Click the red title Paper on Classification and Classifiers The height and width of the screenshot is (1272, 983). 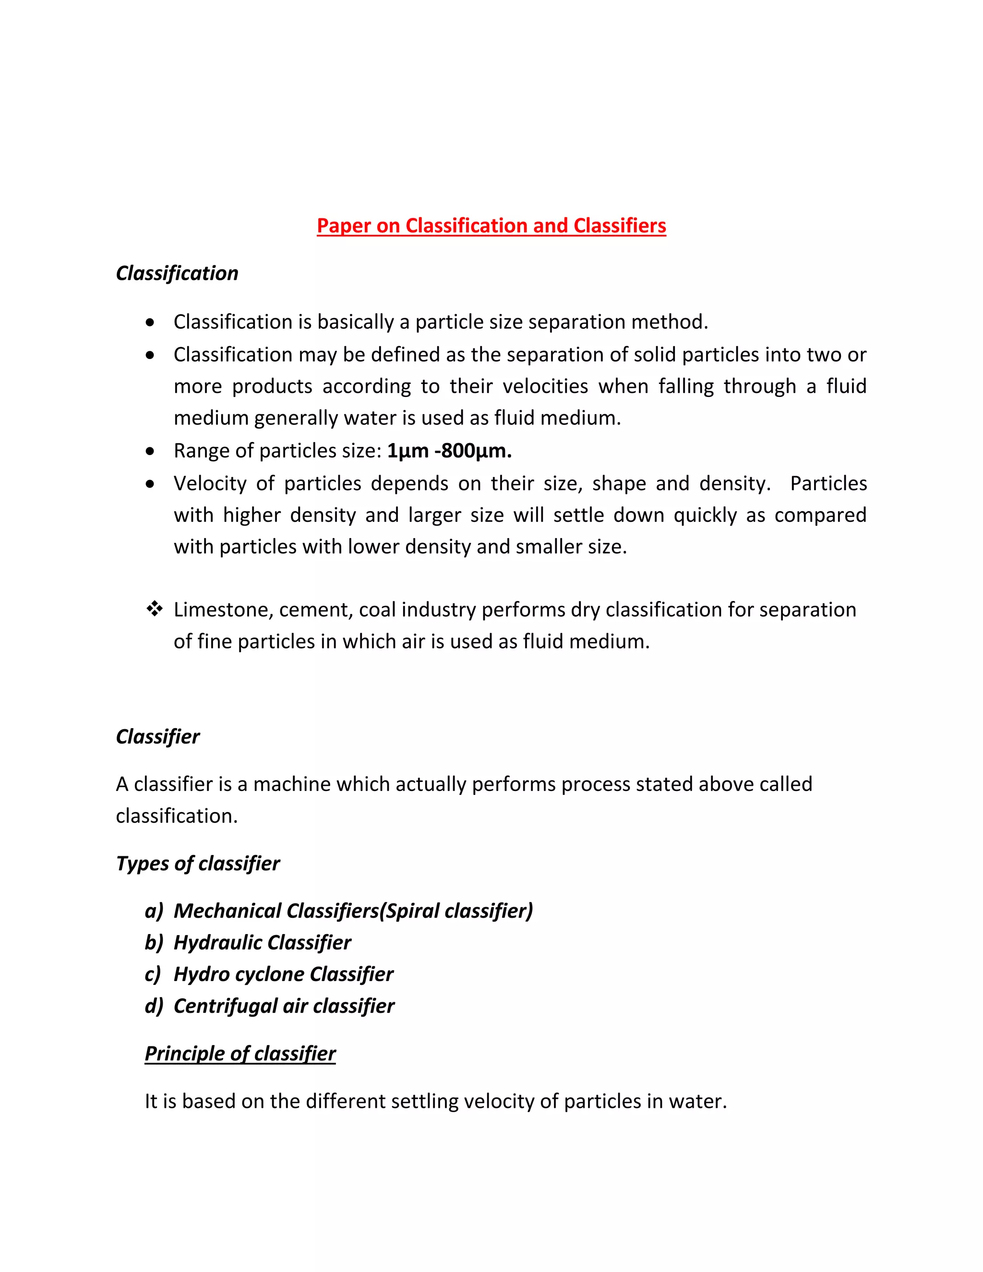[x=491, y=226]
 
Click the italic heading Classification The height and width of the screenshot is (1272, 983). [x=177, y=273]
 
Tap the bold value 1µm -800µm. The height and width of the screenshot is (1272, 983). [x=449, y=451]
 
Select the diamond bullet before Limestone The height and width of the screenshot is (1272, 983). [x=155, y=609]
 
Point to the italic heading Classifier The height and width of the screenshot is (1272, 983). [x=157, y=737]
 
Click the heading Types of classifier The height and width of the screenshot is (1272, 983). [x=197, y=863]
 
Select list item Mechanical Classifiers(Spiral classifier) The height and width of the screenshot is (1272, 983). [x=353, y=911]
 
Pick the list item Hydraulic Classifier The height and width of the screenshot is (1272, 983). [x=262, y=942]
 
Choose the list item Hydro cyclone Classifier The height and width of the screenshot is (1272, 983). [x=283, y=974]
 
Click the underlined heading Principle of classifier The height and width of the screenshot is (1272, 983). [x=240, y=1054]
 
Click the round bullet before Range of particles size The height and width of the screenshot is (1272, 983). [x=151, y=451]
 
